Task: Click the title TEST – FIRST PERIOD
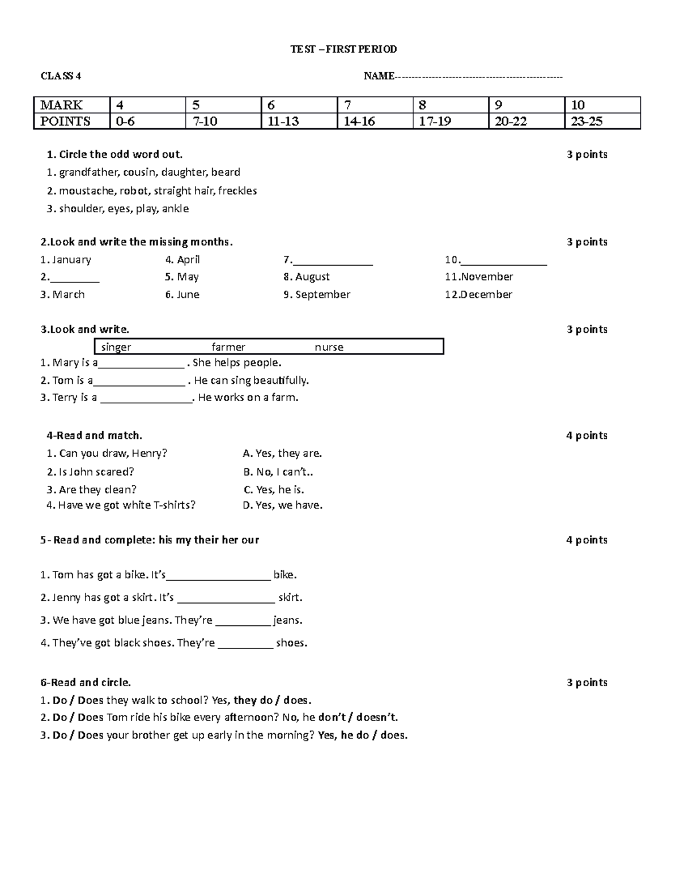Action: (343, 49)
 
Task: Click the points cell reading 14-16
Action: (359, 121)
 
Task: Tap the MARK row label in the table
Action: (61, 105)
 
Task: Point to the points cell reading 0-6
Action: (125, 121)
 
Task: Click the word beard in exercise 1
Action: (225, 172)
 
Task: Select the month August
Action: (312, 277)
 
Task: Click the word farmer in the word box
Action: (228, 347)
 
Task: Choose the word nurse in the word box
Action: (329, 347)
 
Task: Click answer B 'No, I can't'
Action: (278, 472)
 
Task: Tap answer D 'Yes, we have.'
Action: (283, 505)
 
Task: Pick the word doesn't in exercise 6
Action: (378, 717)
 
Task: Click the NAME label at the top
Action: (378, 76)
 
